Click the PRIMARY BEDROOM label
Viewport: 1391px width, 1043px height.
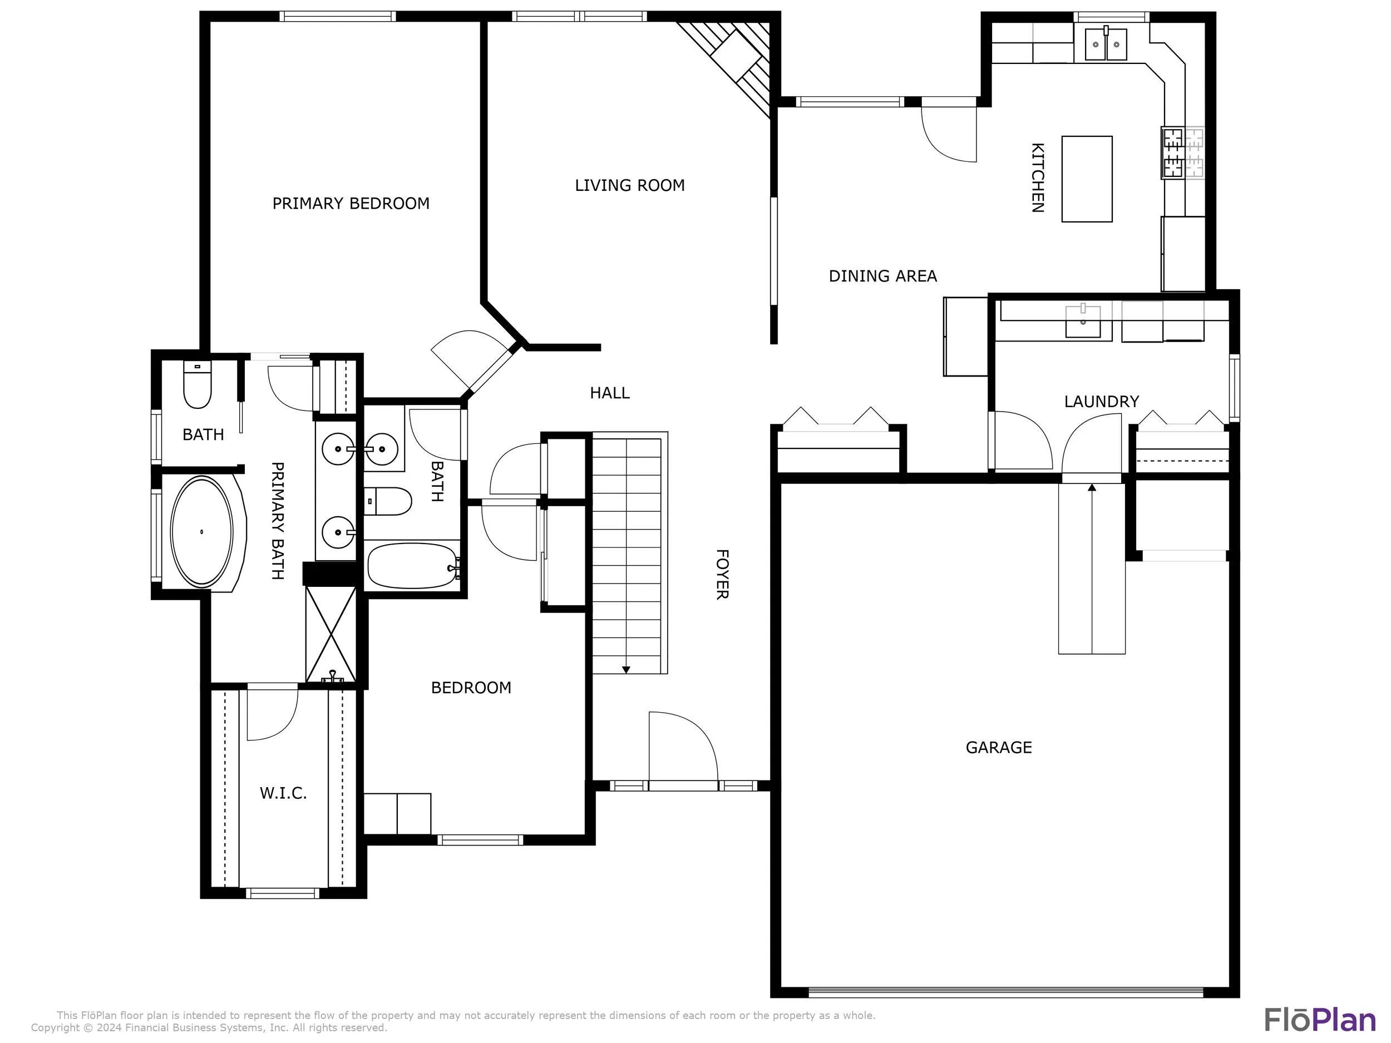[351, 204]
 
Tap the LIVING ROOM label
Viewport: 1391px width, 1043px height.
[629, 185]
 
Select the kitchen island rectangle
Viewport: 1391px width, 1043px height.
[1087, 179]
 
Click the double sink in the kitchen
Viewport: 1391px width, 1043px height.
[1106, 44]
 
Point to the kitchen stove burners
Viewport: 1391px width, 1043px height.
[1173, 153]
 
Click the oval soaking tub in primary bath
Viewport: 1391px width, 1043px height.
[202, 532]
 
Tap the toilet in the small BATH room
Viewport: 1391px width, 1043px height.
[197, 385]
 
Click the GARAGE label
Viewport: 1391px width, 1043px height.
[999, 748]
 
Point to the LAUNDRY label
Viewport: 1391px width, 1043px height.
[1101, 402]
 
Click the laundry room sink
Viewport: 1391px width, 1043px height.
[1083, 322]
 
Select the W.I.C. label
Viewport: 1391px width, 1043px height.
[283, 793]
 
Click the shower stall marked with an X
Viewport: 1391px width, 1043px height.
[331, 634]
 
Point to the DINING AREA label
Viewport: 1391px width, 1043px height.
[882, 276]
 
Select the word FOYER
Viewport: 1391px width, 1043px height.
[722, 575]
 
